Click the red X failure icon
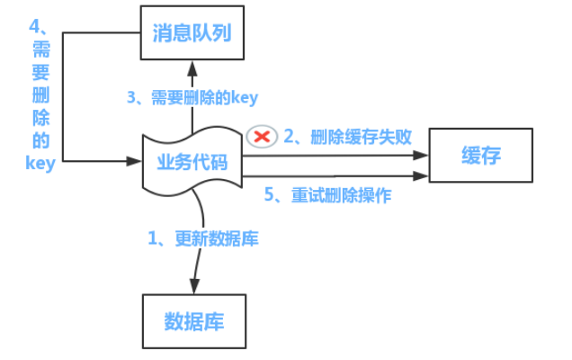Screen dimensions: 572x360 tap(262, 137)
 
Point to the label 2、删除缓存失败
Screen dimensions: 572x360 tap(348, 137)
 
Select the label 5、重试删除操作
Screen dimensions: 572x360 tap(327, 194)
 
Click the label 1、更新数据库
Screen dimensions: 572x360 tap(203, 238)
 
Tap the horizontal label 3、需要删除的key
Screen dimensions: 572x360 tap(192, 97)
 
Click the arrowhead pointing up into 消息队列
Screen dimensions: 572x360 tap(192, 68)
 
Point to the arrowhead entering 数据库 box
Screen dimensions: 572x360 tap(194, 286)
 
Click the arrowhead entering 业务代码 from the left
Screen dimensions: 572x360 tap(134, 161)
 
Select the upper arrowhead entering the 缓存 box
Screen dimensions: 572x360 tap(421, 155)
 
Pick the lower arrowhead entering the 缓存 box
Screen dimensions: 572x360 tap(421, 176)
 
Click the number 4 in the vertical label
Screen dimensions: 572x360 tap(34, 26)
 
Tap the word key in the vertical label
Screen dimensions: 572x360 tap(40, 163)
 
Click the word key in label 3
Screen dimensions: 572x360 tap(245, 97)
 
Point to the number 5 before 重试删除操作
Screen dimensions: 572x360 tap(269, 194)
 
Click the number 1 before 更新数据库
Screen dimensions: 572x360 tap(153, 238)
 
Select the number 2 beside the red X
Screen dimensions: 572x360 tap(289, 136)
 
